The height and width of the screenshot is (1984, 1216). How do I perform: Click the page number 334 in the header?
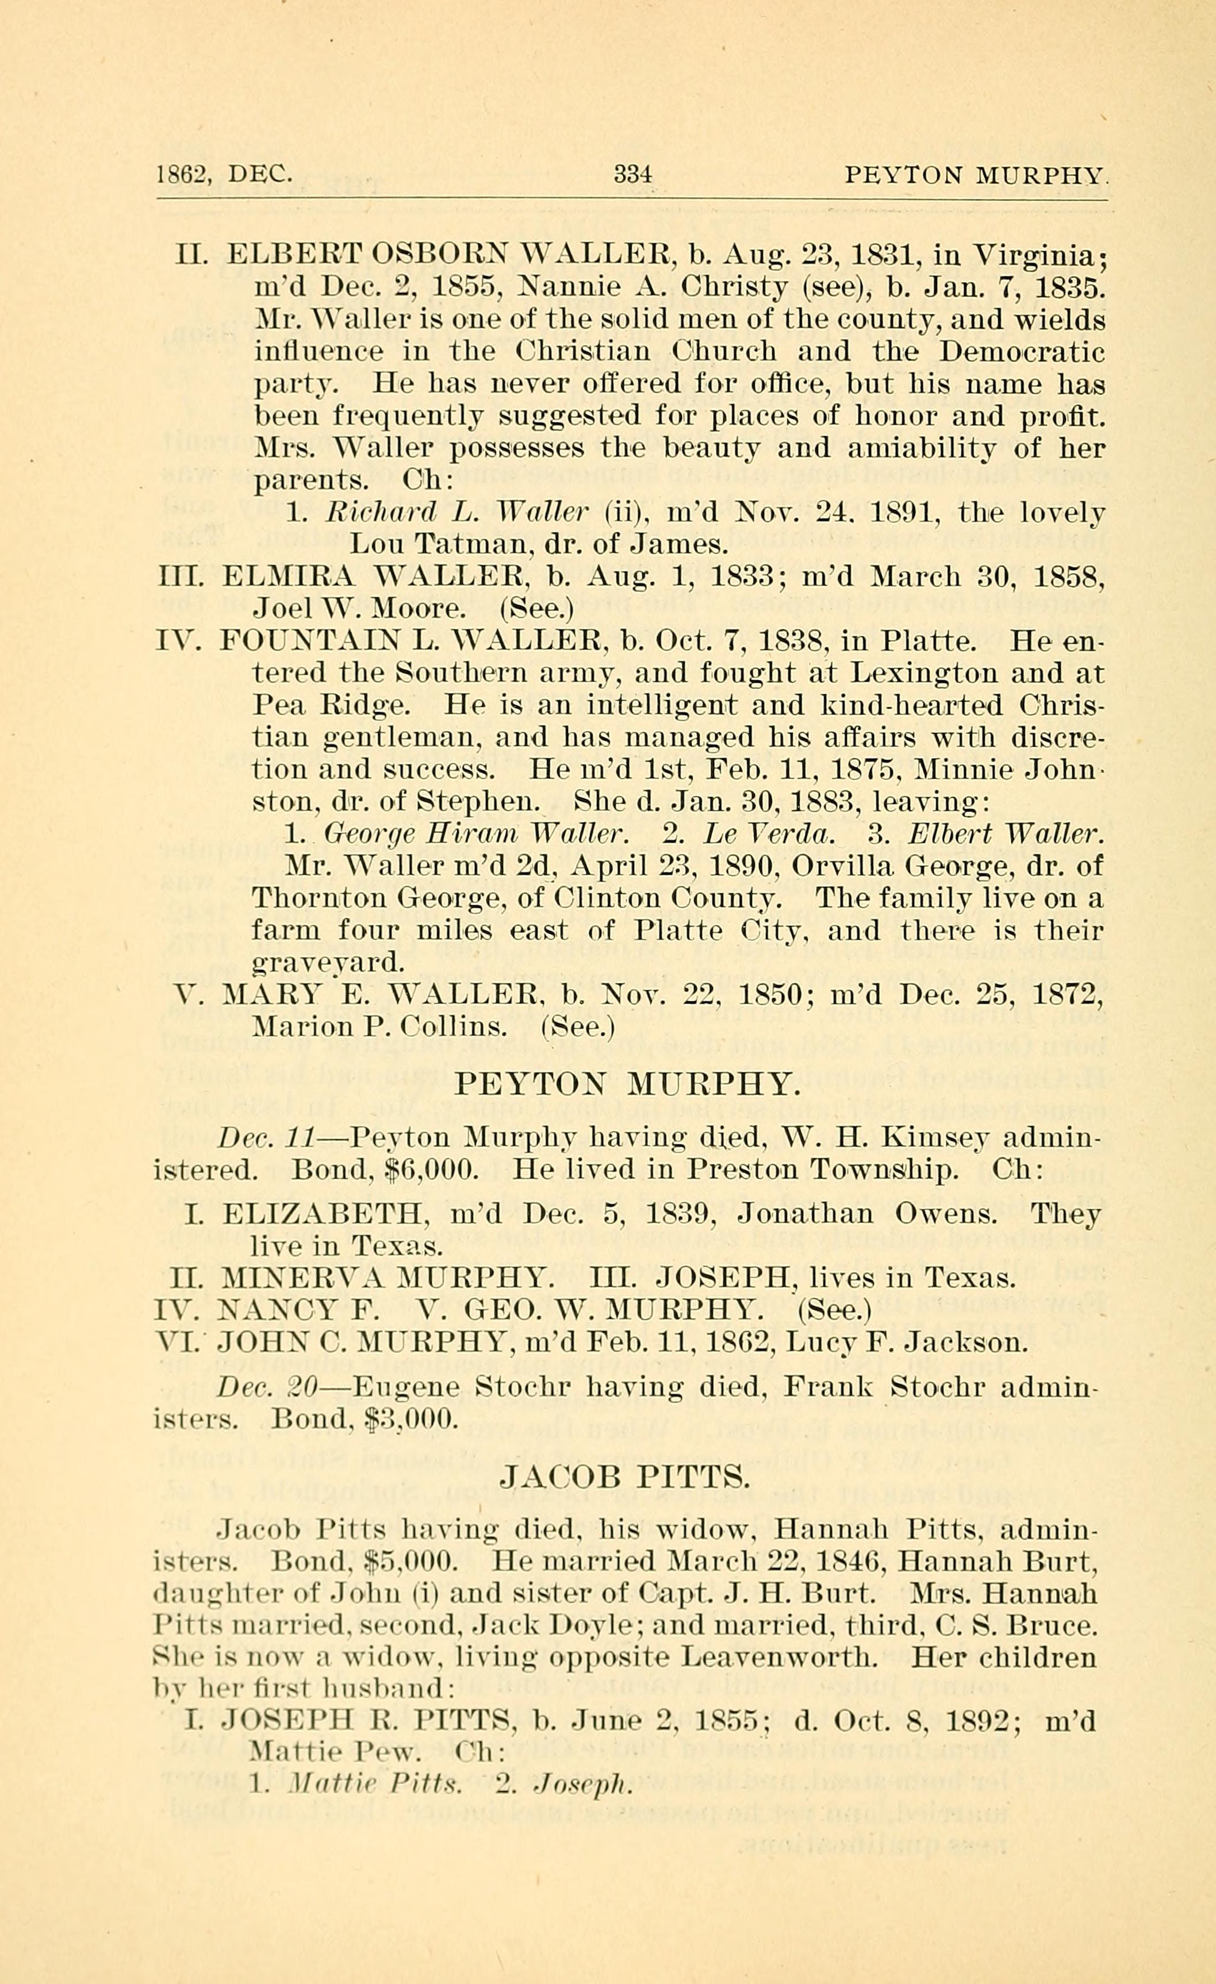(x=632, y=174)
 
